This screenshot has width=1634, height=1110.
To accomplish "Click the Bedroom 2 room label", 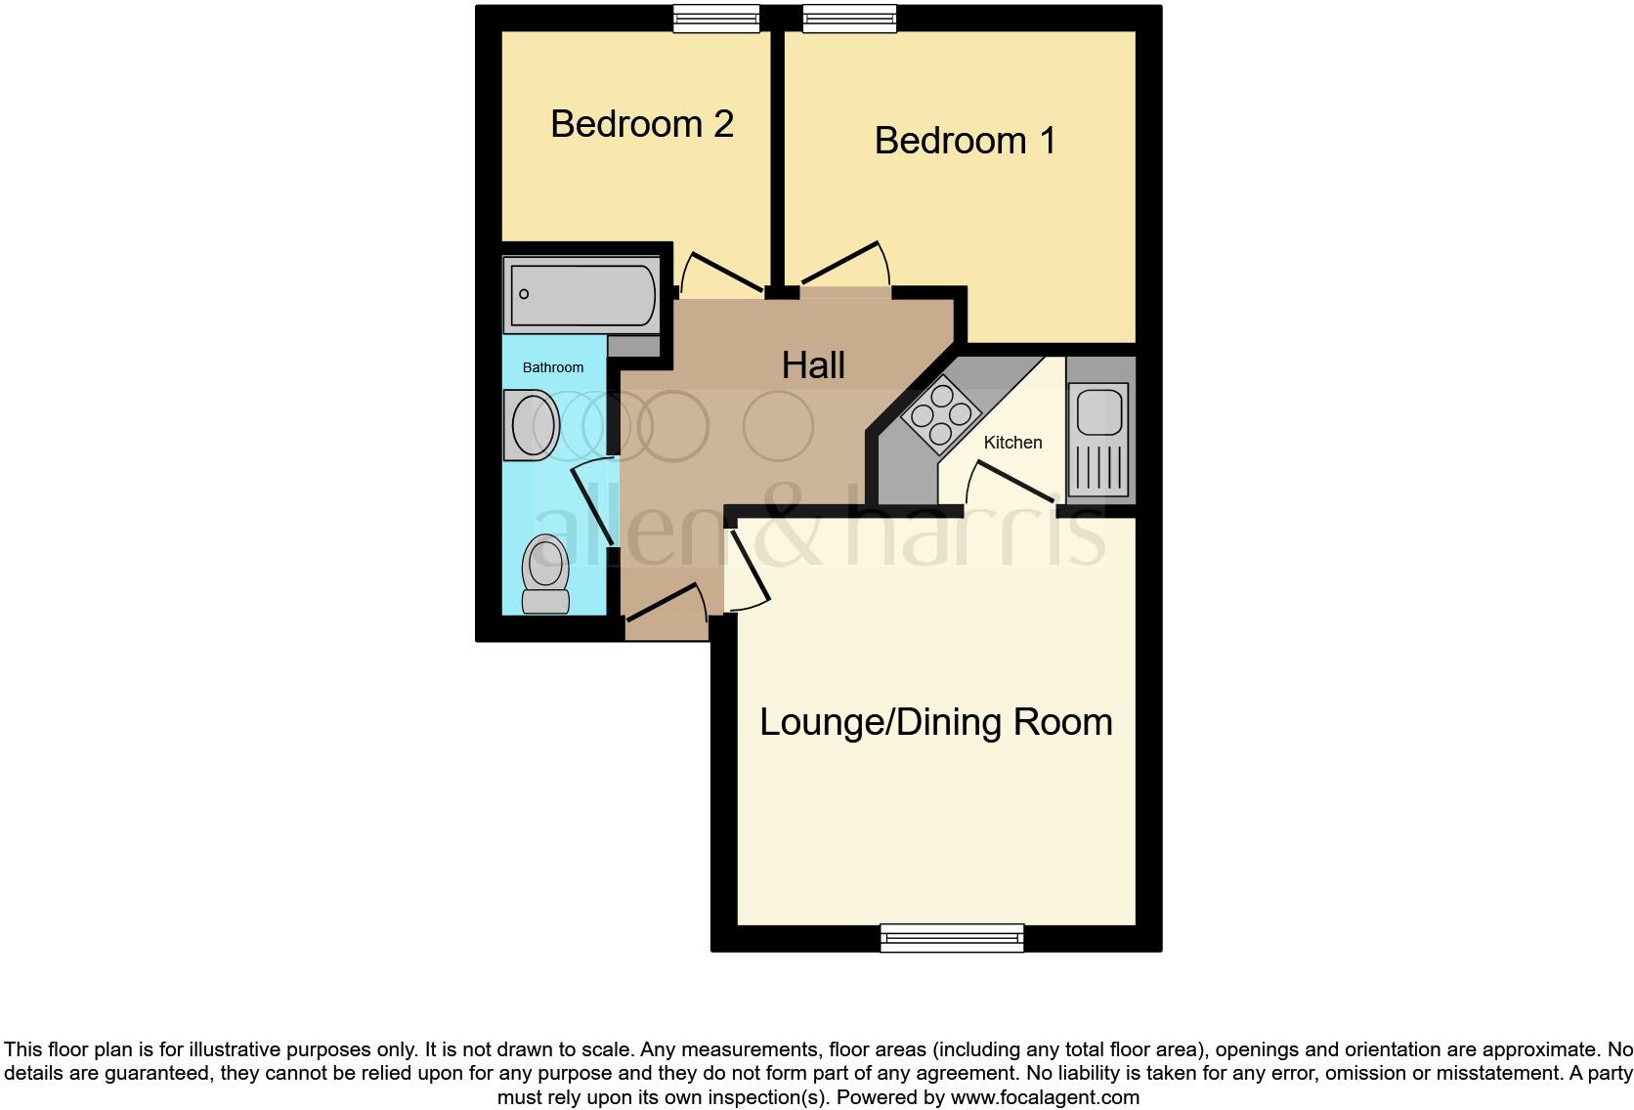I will (642, 124).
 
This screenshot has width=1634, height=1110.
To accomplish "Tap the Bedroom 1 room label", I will (965, 141).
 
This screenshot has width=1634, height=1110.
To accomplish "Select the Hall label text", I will (813, 365).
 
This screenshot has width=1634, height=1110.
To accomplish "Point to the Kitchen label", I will (1012, 443).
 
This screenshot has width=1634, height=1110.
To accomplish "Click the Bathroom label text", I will (553, 367).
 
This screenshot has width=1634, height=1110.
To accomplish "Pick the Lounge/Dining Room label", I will (935, 722).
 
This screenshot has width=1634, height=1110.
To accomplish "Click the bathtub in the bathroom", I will (582, 294).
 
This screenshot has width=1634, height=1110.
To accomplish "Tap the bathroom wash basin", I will (532, 425).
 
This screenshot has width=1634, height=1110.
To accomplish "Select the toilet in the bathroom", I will (546, 574).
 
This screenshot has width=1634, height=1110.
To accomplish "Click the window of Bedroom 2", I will (716, 19).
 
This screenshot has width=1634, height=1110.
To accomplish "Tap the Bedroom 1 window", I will (849, 19).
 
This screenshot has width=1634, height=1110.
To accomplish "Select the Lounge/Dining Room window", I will (952, 938).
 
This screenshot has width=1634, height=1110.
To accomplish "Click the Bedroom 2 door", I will (723, 273).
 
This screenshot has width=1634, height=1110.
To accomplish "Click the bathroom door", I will (593, 504).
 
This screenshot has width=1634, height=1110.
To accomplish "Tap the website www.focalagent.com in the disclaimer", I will (1044, 1097).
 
